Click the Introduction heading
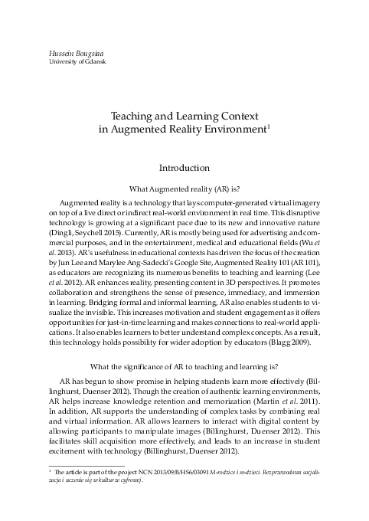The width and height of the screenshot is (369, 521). (x=184, y=167)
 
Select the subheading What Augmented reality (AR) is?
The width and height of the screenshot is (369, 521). (x=184, y=187)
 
